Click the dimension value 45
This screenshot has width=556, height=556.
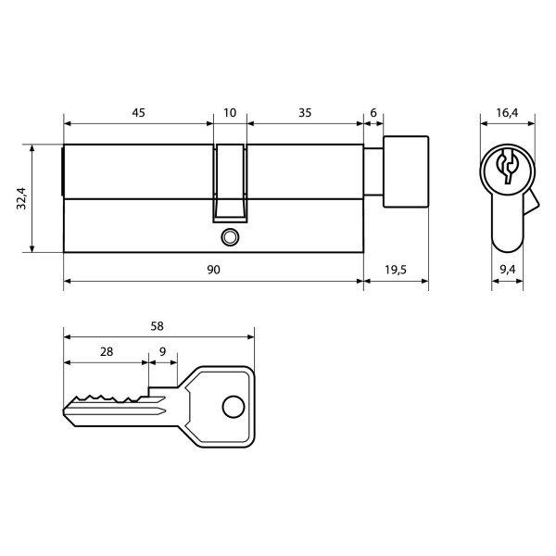138,112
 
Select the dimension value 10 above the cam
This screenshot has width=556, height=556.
230,112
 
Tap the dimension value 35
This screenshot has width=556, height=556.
304,112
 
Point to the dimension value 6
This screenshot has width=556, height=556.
373,112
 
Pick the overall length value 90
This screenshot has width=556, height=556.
212,270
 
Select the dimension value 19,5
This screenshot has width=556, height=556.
395,270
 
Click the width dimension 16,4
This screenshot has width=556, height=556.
506,112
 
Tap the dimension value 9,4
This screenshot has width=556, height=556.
506,270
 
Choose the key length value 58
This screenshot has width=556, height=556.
158,325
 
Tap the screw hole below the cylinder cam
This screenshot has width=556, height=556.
229,238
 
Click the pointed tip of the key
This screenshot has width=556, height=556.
66,411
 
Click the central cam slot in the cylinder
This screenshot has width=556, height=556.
230,181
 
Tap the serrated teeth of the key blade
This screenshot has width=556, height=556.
107,398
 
